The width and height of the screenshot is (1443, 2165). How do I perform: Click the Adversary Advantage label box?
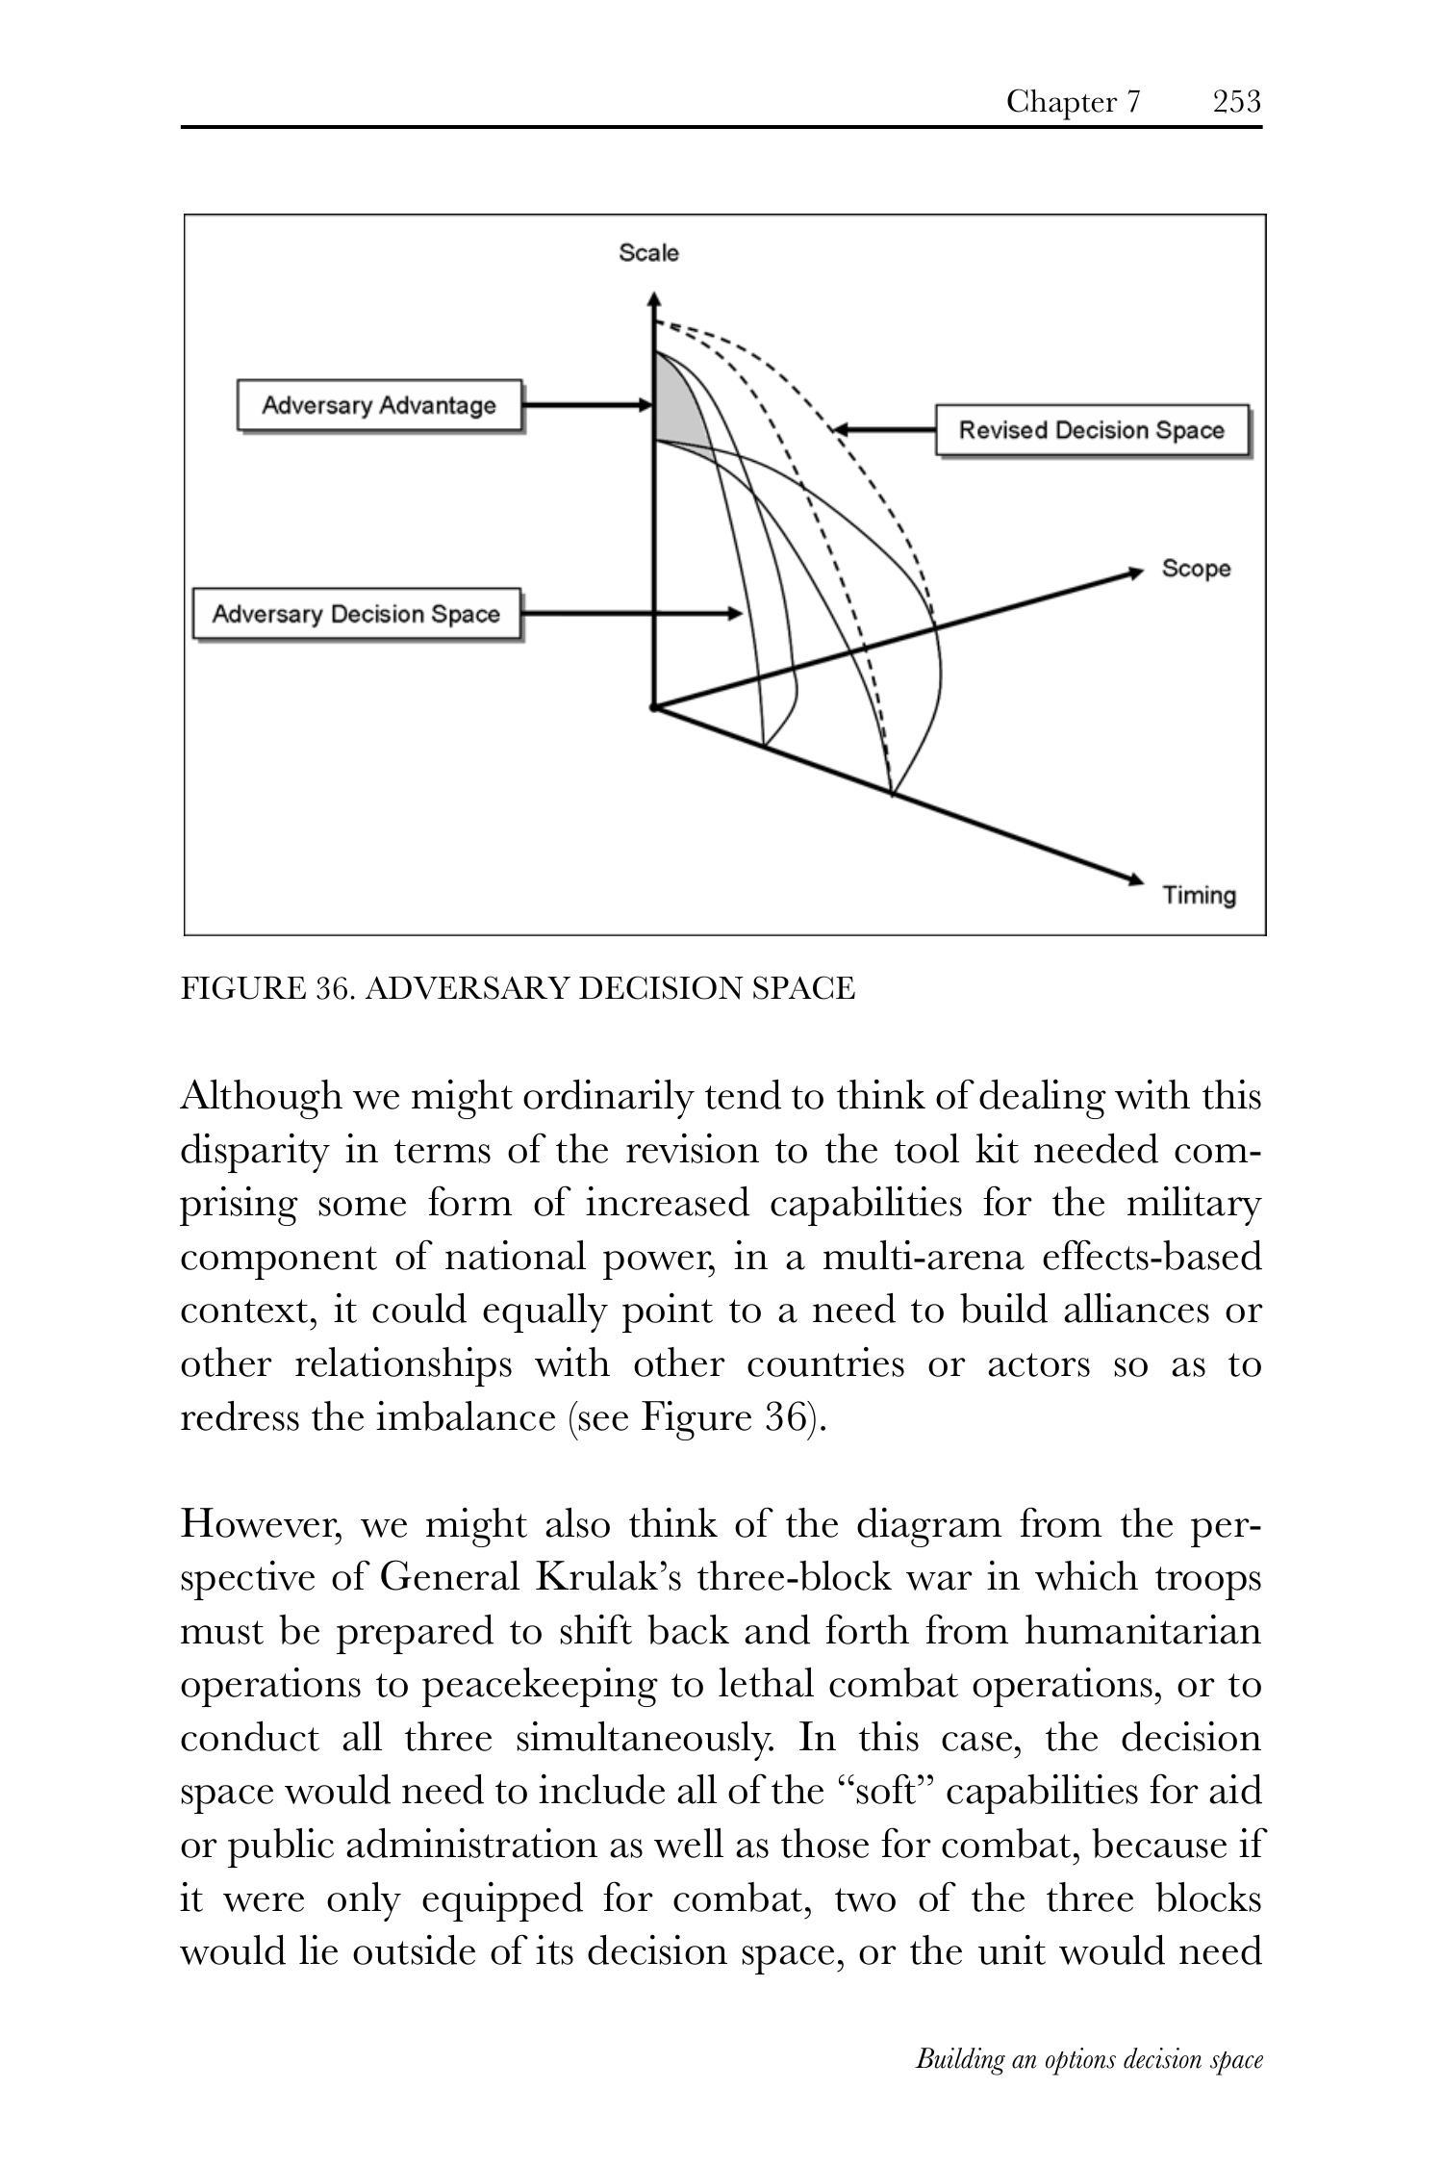pyautogui.click(x=380, y=405)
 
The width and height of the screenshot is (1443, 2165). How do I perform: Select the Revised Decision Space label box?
pyautogui.click(x=1092, y=430)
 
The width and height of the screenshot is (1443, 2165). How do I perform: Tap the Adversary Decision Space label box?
pyautogui.click(x=356, y=614)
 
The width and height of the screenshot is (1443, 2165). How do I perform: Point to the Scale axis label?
pyautogui.click(x=648, y=253)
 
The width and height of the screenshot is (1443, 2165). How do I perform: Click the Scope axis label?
pyautogui.click(x=1196, y=569)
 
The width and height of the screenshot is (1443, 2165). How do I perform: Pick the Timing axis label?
pyautogui.click(x=1199, y=896)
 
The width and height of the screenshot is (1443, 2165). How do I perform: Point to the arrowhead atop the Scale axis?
pyautogui.click(x=654, y=299)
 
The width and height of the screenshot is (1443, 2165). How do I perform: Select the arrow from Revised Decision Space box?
pyautogui.click(x=883, y=429)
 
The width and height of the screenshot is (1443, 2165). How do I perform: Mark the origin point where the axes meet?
pyautogui.click(x=654, y=708)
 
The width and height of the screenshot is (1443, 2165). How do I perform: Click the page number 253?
pyautogui.click(x=1236, y=101)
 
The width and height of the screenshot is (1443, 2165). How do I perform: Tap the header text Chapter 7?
pyautogui.click(x=1073, y=101)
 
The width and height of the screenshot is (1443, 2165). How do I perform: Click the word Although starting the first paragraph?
pyautogui.click(x=261, y=1096)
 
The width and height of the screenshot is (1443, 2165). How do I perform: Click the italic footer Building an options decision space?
pyautogui.click(x=1088, y=2059)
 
